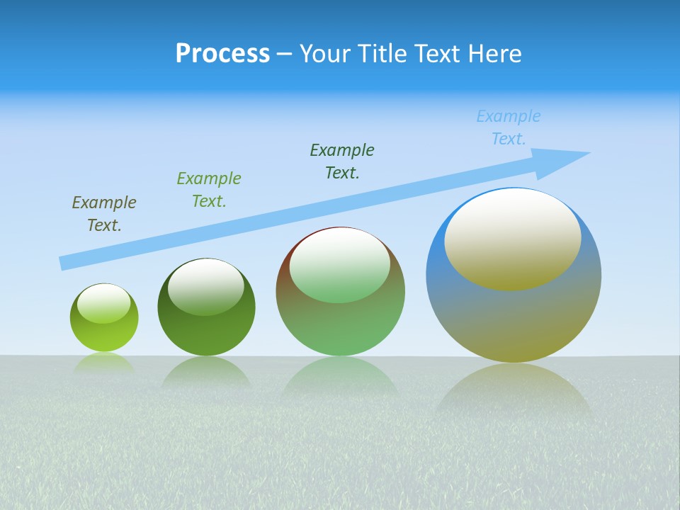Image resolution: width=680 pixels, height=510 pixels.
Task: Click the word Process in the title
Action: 222,54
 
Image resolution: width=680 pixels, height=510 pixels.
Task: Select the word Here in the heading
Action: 493,54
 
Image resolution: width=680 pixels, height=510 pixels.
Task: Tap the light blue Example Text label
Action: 509,127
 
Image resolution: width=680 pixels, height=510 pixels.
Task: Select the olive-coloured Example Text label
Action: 104,214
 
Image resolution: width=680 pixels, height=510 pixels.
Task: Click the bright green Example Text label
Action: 209,190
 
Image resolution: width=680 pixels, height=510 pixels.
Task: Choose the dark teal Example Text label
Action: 342,161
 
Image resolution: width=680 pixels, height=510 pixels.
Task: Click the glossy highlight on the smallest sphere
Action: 103,303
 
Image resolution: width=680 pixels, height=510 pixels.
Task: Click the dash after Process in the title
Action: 285,54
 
